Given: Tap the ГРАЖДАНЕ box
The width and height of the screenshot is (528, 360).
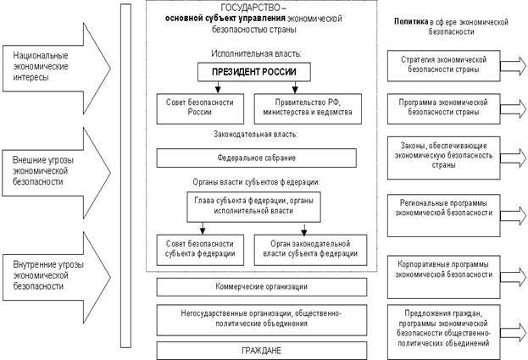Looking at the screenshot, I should click(261, 350).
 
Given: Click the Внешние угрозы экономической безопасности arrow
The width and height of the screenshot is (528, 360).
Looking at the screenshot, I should click(55, 169).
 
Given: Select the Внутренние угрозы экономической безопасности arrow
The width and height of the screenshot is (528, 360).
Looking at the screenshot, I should click(55, 273).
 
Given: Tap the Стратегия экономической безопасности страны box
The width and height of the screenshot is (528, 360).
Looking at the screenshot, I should click(444, 64).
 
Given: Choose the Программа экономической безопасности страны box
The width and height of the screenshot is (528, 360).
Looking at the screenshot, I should click(444, 106).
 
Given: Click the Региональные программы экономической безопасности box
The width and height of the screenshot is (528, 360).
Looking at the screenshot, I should click(444, 208).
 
